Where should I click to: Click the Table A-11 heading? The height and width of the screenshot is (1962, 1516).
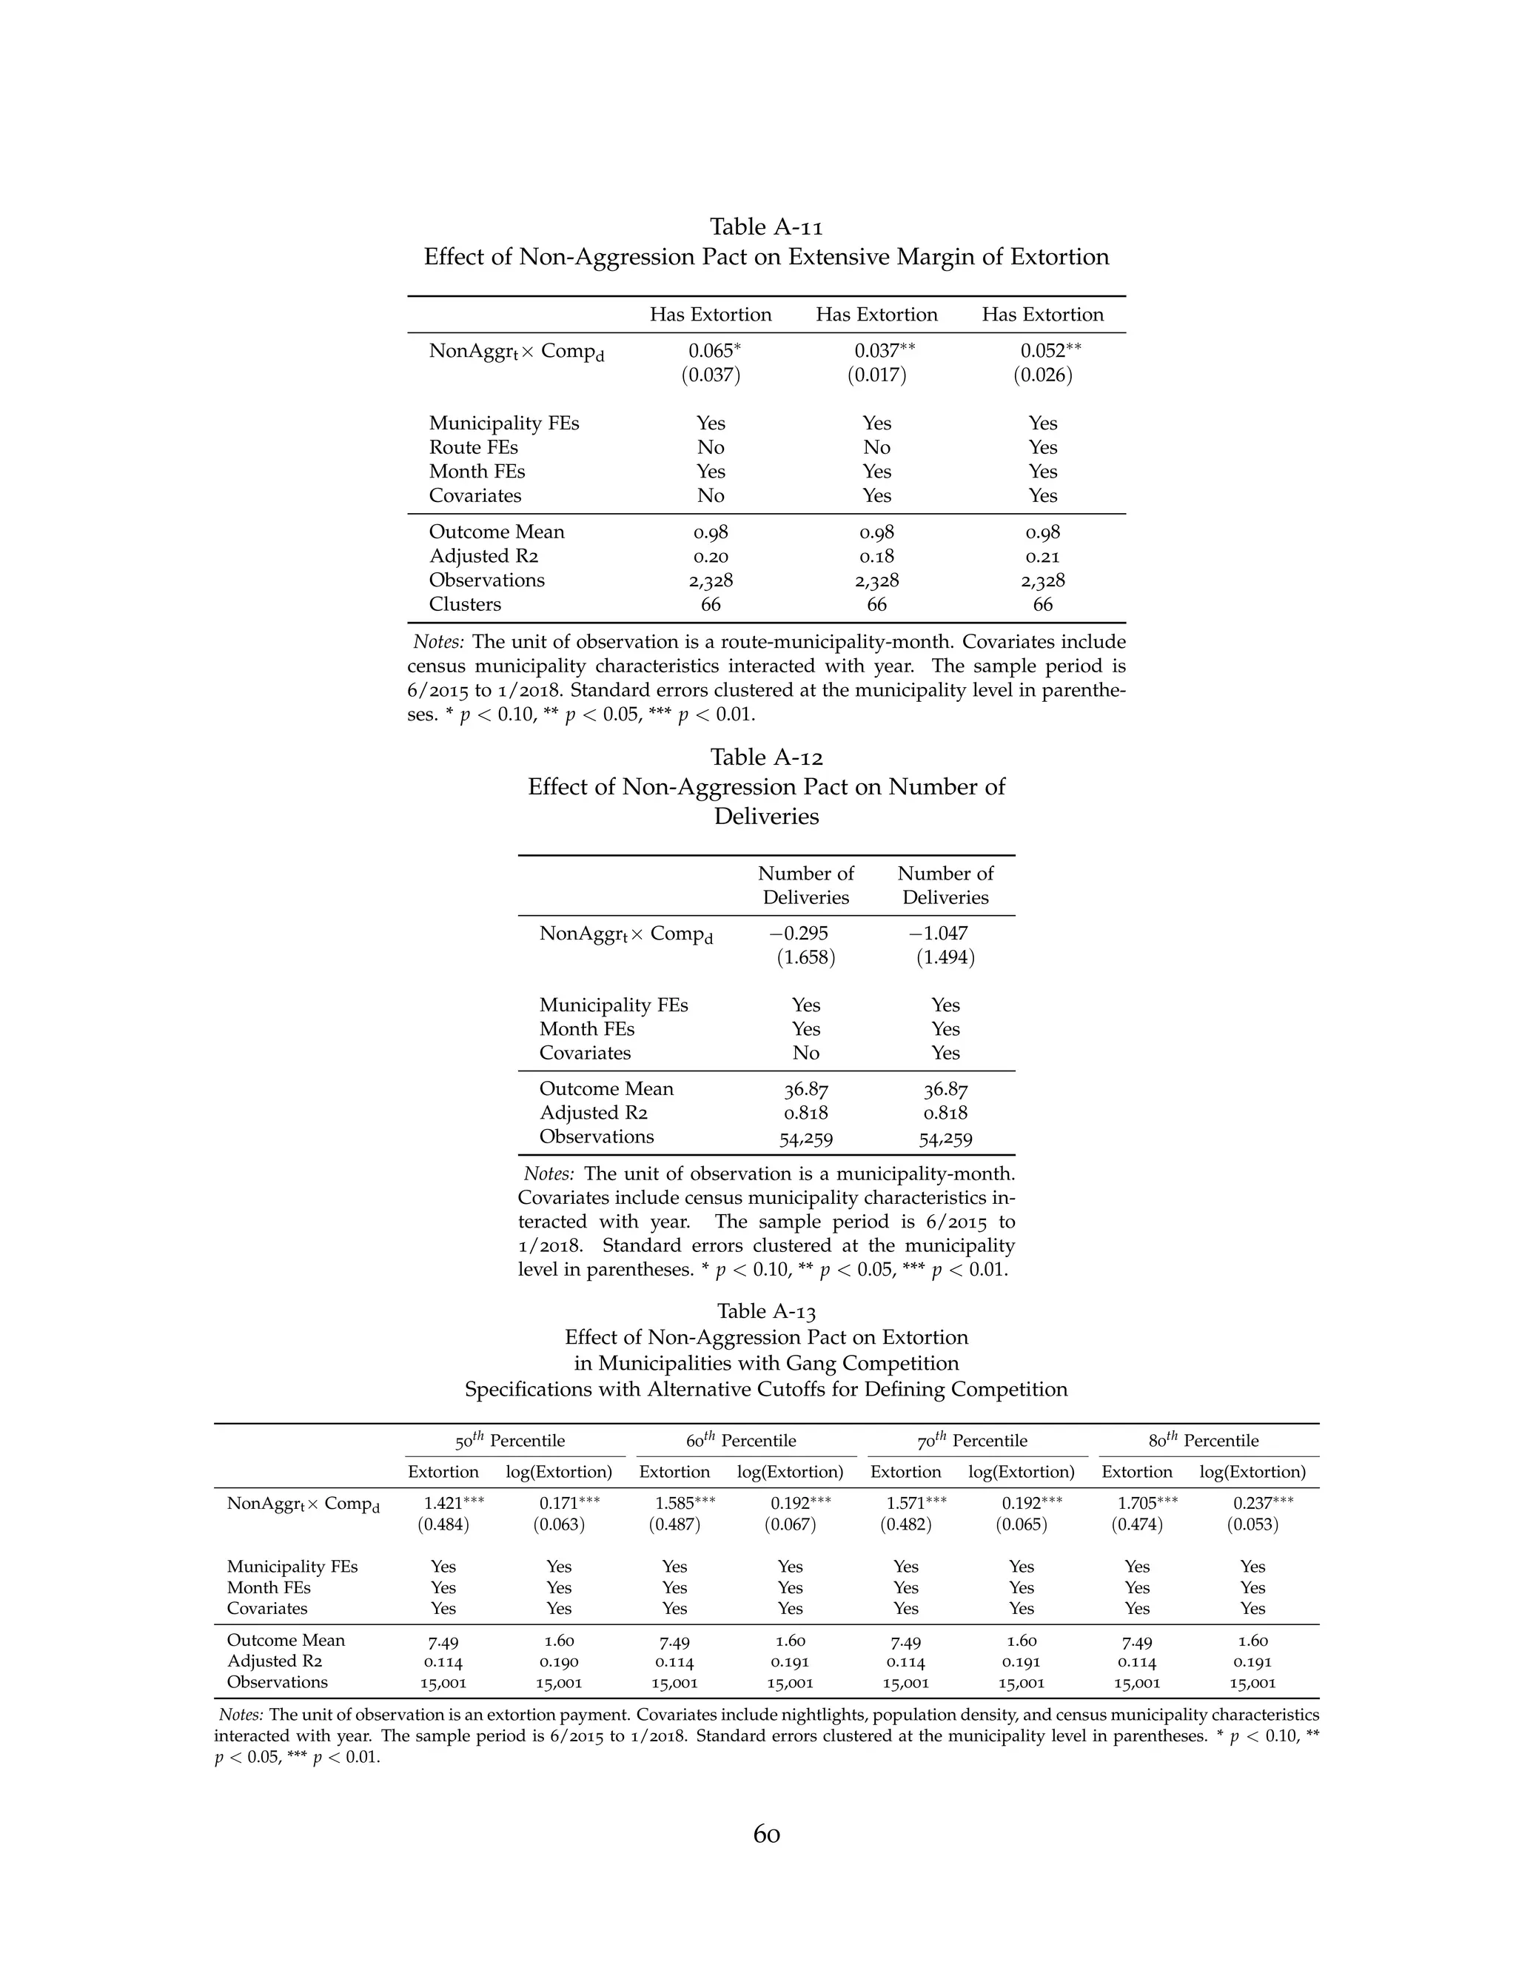pyautogui.click(x=766, y=227)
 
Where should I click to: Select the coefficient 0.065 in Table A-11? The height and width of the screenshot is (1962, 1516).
pyautogui.click(x=711, y=351)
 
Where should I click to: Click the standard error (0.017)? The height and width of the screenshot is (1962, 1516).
pyautogui.click(x=876, y=375)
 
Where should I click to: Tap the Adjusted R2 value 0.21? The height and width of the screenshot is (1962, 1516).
pyautogui.click(x=1043, y=556)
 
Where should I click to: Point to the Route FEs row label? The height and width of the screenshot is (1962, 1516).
pyautogui.click(x=473, y=447)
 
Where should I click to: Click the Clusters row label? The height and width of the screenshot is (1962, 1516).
pyautogui.click(x=464, y=605)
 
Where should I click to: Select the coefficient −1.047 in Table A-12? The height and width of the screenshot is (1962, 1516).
pyautogui.click(x=939, y=934)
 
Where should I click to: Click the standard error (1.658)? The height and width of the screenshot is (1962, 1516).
pyautogui.click(x=805, y=957)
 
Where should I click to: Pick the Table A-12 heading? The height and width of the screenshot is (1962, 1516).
pyautogui.click(x=766, y=757)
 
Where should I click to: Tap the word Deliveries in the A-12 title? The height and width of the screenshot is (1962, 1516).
pyautogui.click(x=766, y=817)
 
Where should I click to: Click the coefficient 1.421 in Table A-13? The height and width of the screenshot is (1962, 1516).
pyautogui.click(x=443, y=1503)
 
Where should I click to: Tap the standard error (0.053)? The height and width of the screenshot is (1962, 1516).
pyautogui.click(x=1252, y=1524)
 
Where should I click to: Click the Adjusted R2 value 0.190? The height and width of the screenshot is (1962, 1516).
pyautogui.click(x=559, y=1662)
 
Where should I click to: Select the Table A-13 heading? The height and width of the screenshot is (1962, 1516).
pyautogui.click(x=766, y=1312)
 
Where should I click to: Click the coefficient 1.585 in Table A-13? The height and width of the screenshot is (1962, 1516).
pyautogui.click(x=674, y=1503)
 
